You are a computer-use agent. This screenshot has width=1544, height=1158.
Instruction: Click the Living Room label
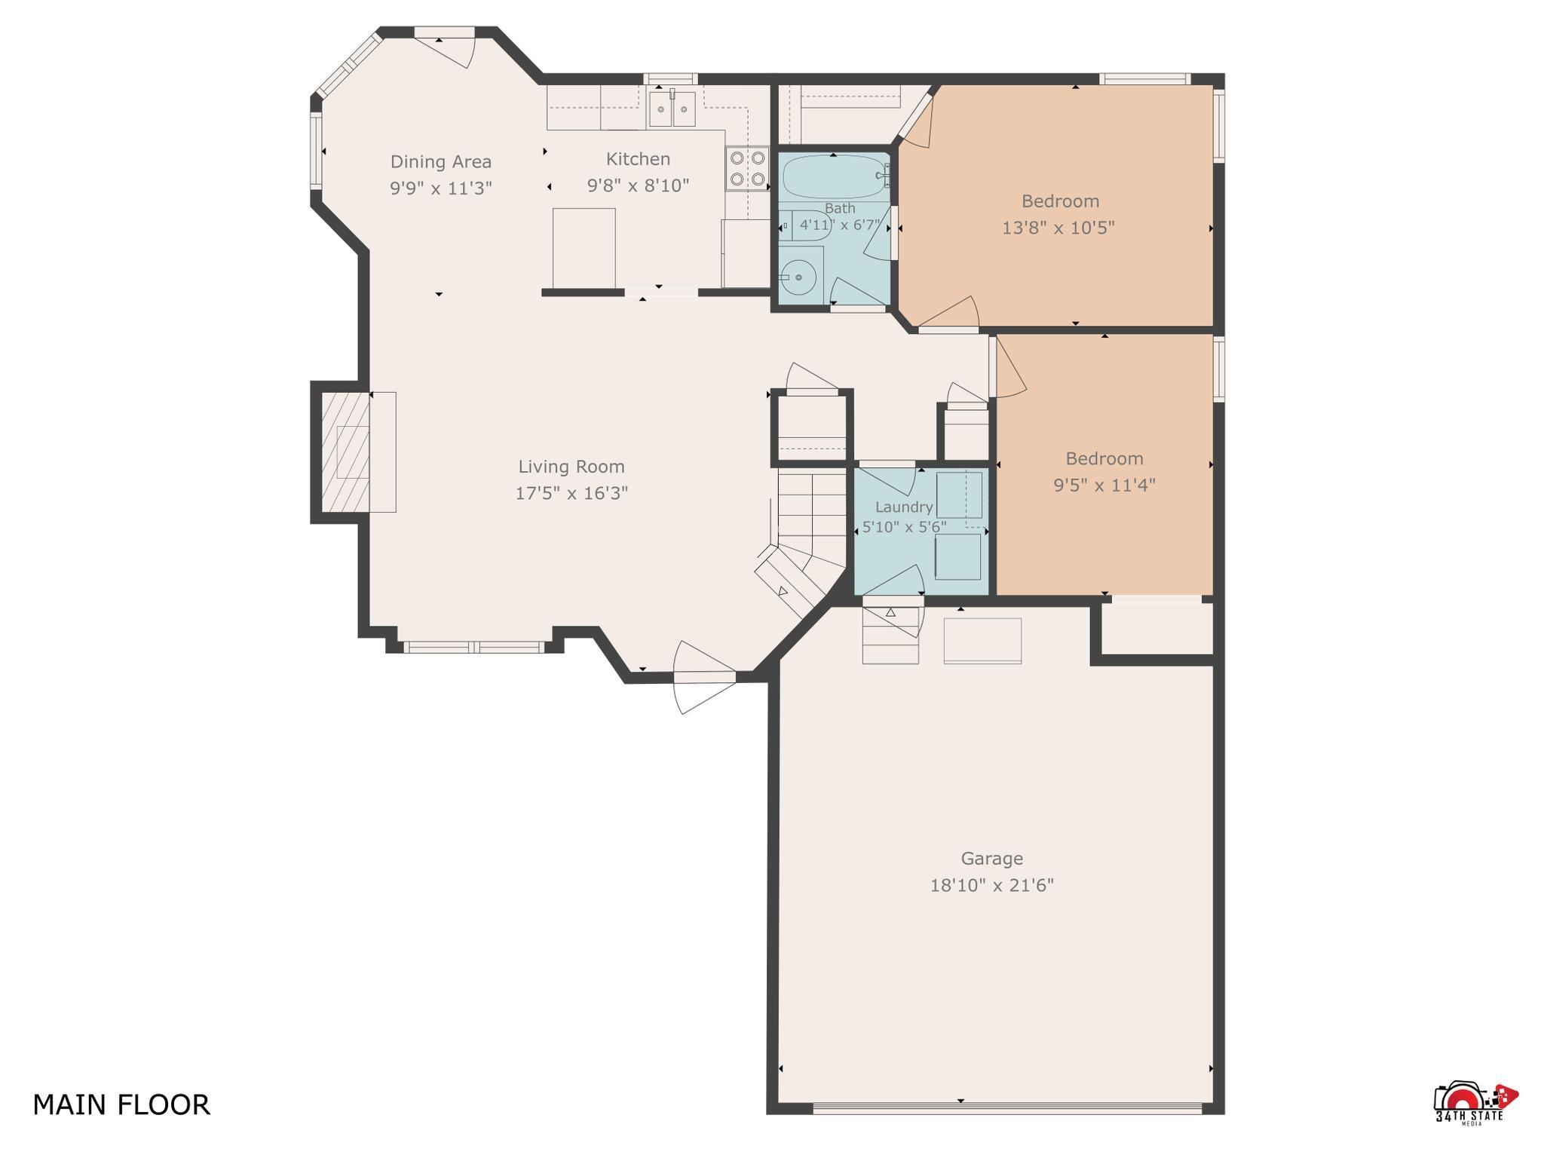[571, 467]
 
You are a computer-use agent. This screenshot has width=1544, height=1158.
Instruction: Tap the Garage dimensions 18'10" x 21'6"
[991, 885]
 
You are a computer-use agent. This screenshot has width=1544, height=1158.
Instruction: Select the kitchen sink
[672, 110]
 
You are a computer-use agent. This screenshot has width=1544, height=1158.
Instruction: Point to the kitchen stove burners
[747, 168]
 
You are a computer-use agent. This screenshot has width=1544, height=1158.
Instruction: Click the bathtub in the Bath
[834, 177]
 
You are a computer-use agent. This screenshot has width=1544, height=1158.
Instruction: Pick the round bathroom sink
[798, 277]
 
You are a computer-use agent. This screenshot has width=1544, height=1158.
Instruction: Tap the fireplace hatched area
[345, 452]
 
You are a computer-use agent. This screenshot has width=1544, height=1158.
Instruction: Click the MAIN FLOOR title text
[121, 1104]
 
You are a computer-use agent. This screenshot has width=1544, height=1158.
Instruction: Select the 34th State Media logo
[1475, 1104]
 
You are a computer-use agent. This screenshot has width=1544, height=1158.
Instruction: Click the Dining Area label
[441, 161]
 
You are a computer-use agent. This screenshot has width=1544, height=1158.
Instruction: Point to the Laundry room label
[904, 507]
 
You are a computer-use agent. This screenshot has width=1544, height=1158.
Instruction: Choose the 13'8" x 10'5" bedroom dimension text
[1058, 228]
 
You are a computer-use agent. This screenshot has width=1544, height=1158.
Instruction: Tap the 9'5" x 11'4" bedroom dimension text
[1104, 485]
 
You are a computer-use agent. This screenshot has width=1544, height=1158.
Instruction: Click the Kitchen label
[638, 159]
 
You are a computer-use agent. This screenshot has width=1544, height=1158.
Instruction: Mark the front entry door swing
[704, 677]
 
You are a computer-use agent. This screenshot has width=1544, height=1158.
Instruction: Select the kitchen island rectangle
[584, 249]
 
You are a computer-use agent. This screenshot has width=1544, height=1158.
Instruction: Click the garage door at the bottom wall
[1007, 1107]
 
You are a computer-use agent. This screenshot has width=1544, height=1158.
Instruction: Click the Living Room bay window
[473, 647]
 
